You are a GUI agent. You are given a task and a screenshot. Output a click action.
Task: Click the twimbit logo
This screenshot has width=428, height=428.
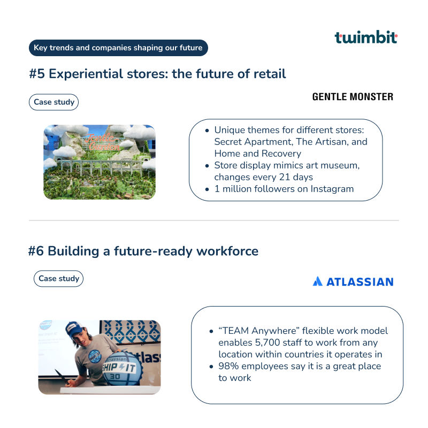[366, 37]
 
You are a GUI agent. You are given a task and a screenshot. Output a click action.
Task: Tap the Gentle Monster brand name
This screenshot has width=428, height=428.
[353, 97]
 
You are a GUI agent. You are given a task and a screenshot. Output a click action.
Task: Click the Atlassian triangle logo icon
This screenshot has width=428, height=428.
[317, 281]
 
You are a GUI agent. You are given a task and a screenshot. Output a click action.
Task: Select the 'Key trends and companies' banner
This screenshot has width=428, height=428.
[118, 48]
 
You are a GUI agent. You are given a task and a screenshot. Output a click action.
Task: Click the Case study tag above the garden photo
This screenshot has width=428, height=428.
[53, 102]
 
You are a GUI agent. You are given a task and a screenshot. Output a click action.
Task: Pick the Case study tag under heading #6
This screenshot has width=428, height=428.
[58, 278]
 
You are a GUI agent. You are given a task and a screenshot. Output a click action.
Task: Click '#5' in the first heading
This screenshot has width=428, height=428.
[37, 74]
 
